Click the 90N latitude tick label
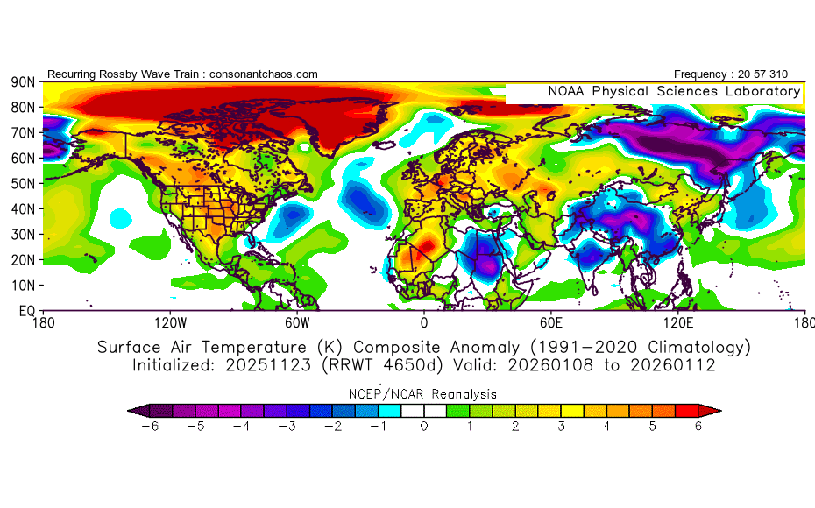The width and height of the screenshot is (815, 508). (23, 82)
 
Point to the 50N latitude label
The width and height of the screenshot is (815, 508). (23, 184)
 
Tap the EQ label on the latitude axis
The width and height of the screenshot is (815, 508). (27, 311)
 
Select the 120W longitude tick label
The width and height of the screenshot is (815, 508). (171, 323)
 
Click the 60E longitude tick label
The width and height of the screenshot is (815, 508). (551, 323)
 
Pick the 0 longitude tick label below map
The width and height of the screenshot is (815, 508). (424, 323)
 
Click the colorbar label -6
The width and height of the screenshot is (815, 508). (150, 427)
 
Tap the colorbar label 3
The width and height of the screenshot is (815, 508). (562, 427)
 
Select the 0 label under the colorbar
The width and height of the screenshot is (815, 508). (424, 427)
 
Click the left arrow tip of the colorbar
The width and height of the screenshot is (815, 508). (128, 411)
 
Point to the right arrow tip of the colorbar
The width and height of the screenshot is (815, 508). (721, 411)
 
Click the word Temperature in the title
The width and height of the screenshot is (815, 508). (254, 348)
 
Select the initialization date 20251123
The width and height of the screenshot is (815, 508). (268, 365)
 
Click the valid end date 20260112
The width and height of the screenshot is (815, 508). (672, 365)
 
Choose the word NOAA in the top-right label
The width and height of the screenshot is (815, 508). (566, 91)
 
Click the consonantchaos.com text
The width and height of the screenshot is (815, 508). (264, 74)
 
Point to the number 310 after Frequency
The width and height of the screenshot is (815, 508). (778, 74)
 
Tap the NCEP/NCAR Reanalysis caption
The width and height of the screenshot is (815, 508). (422, 394)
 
